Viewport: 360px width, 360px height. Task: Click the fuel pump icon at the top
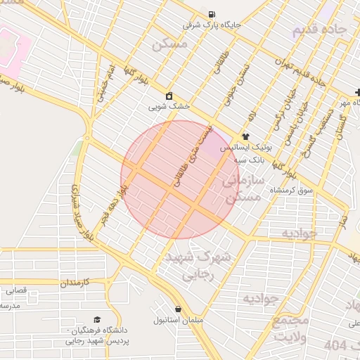(x=212, y=14)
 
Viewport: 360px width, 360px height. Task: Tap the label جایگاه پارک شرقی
(x=212, y=25)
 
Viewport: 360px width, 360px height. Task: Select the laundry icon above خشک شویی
(x=169, y=96)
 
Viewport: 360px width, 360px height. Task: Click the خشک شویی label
(x=169, y=107)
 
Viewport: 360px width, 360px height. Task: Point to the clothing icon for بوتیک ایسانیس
(x=245, y=136)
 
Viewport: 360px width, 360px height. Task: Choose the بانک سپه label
(x=250, y=160)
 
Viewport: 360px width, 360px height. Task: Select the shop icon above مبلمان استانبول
(x=178, y=309)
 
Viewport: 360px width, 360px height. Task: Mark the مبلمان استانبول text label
(x=179, y=320)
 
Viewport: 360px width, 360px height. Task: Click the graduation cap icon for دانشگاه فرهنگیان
(x=97, y=319)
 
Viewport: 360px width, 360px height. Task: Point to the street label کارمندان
(x=77, y=283)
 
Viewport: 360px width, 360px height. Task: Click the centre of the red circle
(x=180, y=179)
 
